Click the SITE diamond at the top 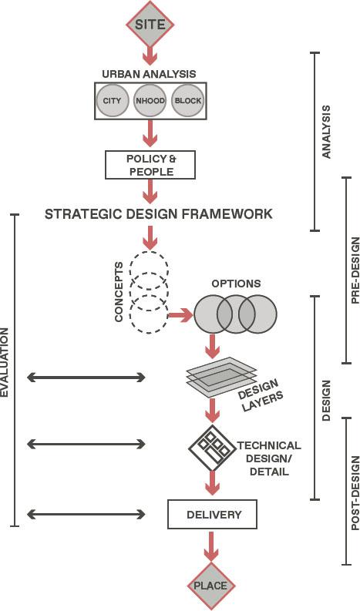[150, 24]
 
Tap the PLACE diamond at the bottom [210, 586]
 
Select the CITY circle [112, 101]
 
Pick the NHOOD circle [150, 101]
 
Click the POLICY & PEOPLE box [150, 164]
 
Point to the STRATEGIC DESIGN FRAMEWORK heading [158, 213]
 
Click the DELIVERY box [212, 514]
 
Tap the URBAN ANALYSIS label [150, 74]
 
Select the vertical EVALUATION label [5, 362]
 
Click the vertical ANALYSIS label [326, 132]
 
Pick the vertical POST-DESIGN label [355, 494]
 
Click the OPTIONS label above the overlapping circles [236, 284]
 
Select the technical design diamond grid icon [211, 447]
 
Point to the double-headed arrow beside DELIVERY [86, 514]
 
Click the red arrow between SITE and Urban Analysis [150, 54]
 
